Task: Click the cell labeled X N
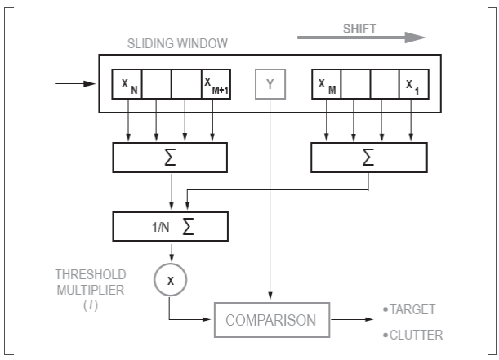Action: point(127,83)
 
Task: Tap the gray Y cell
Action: point(270,83)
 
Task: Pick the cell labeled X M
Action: point(326,83)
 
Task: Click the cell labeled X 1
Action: point(412,83)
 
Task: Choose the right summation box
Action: point(368,158)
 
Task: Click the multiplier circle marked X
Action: point(170,280)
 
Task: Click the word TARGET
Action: point(413,309)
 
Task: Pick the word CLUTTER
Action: point(416,334)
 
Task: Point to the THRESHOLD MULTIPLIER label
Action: point(89,281)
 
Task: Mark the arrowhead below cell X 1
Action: point(412,135)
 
